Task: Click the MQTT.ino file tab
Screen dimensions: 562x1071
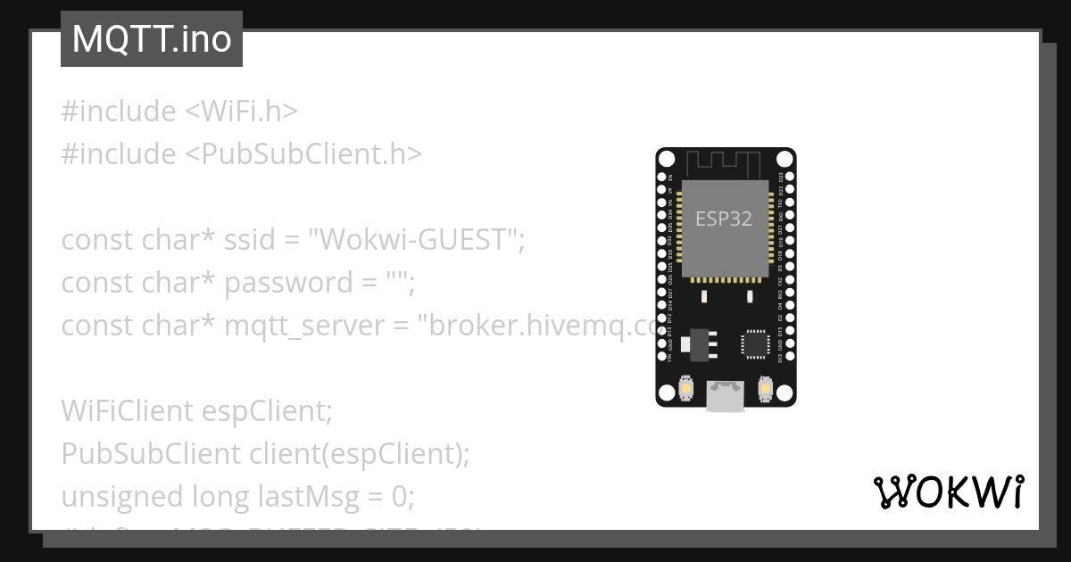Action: [151, 39]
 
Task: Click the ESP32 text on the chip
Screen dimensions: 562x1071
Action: [724, 219]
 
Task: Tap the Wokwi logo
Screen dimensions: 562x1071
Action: [949, 492]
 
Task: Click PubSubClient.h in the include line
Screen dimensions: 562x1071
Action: [303, 154]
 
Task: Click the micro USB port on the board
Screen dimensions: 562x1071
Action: [726, 396]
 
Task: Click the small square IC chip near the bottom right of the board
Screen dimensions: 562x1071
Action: [754, 343]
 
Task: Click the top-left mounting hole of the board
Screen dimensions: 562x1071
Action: [668, 160]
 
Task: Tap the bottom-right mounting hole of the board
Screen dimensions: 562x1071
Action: [784, 393]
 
